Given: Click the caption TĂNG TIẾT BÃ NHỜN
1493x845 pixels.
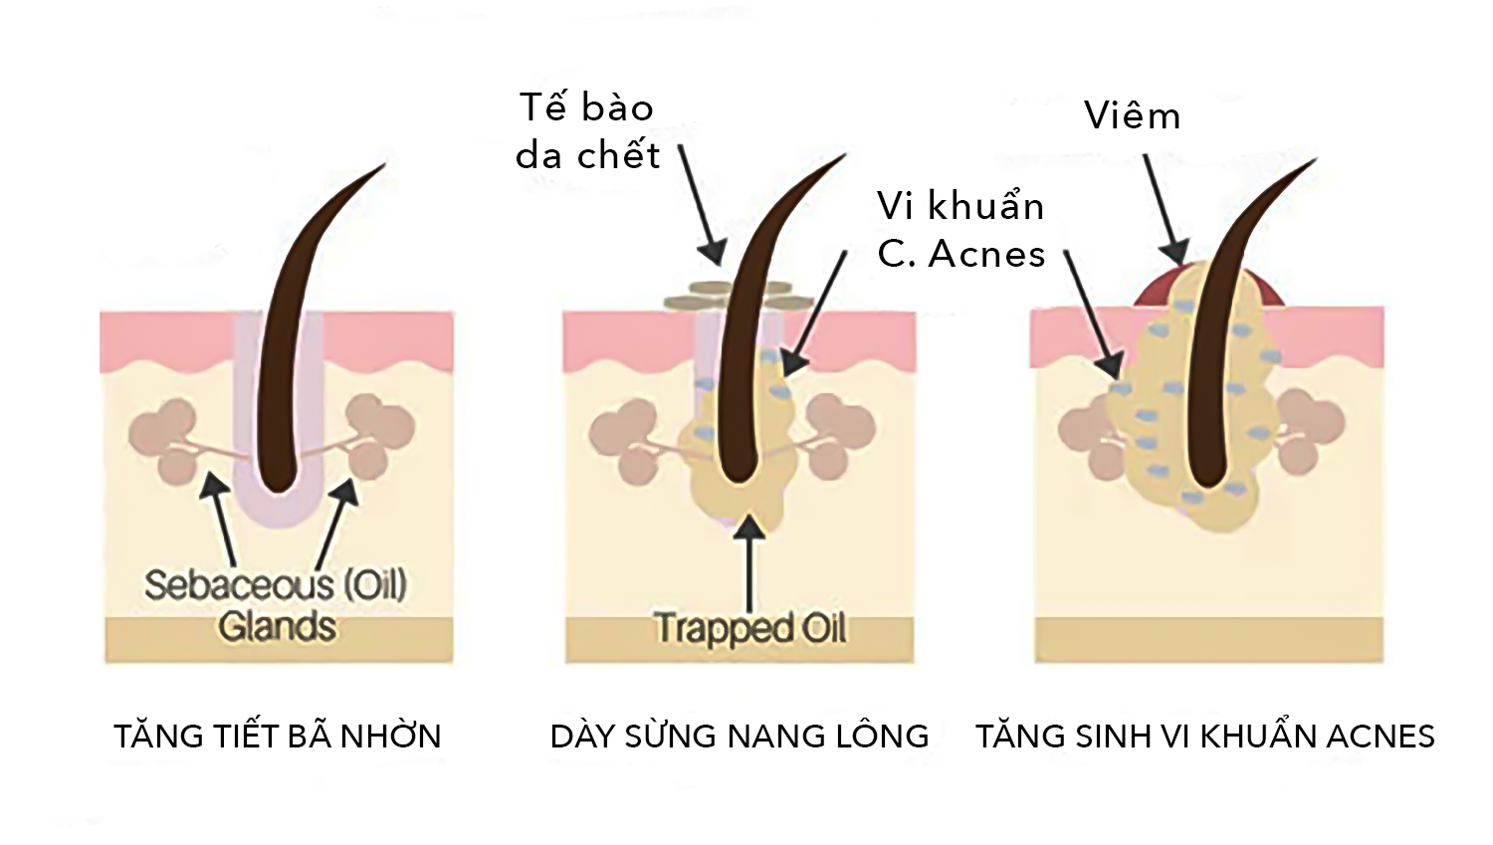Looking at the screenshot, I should click(277, 737).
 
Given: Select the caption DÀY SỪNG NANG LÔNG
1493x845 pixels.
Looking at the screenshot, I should click(739, 737).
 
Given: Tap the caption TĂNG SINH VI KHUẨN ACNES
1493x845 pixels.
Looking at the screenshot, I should click(1204, 737).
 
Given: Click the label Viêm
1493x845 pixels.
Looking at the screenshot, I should click(1132, 116).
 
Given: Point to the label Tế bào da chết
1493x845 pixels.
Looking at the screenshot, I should click(587, 131).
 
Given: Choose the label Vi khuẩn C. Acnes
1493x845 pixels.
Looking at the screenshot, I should click(960, 230).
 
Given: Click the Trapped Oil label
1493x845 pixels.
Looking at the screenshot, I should click(749, 629).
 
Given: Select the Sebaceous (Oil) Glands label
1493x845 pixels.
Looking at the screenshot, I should click(276, 605).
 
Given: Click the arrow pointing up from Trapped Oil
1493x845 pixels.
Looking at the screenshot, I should click(749, 562).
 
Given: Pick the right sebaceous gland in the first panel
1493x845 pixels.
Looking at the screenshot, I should click(379, 434).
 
